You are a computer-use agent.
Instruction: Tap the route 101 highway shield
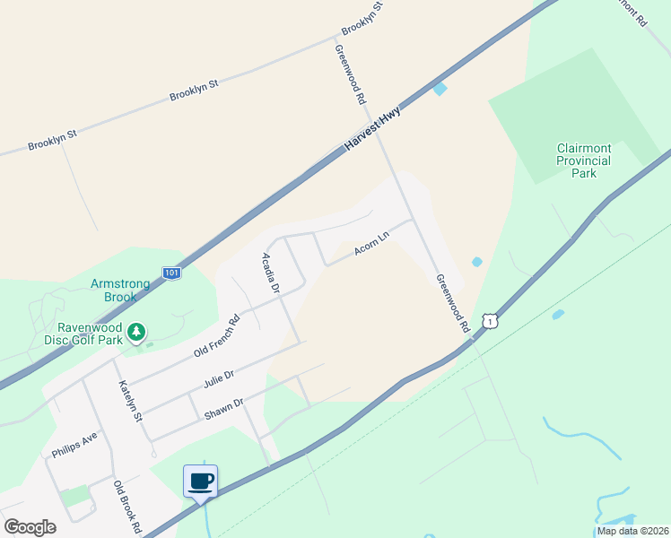pyautogui.click(x=172, y=272)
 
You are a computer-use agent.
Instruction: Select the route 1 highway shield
pyautogui.click(x=488, y=320)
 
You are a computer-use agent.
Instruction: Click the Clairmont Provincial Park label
pyautogui.click(x=584, y=161)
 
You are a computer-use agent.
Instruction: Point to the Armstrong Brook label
pyautogui.click(x=126, y=291)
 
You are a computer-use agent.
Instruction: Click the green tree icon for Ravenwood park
pyautogui.click(x=136, y=333)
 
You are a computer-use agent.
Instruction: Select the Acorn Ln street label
pyautogui.click(x=371, y=245)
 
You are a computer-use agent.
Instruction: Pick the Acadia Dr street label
pyautogui.click(x=271, y=273)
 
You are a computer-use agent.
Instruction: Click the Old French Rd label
pyautogui.click(x=217, y=336)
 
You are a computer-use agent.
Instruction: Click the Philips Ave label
pyautogui.click(x=74, y=446)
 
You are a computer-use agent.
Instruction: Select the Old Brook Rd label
pyautogui.click(x=128, y=508)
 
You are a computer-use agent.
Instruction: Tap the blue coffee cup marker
pyautogui.click(x=201, y=482)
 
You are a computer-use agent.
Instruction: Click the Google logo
pyautogui.click(x=30, y=527)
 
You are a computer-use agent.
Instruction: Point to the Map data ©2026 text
pyautogui.click(x=632, y=531)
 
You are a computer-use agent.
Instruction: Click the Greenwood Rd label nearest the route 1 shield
pyautogui.click(x=453, y=303)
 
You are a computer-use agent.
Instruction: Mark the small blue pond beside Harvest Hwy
pyautogui.click(x=440, y=89)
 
